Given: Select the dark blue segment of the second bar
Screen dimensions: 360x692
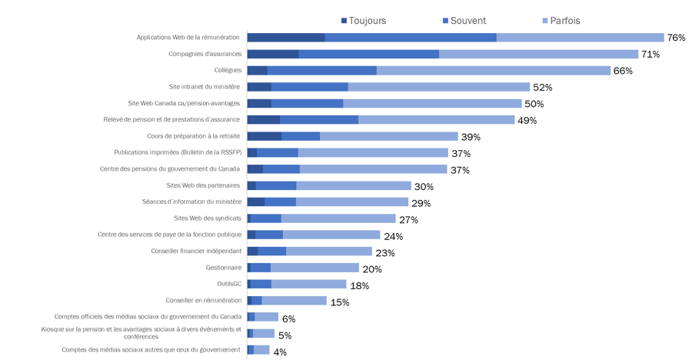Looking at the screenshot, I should [x=274, y=54].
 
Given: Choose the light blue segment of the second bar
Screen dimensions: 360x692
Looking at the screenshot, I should [x=538, y=54].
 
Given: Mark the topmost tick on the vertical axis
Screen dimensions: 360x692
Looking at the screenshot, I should [x=245, y=29].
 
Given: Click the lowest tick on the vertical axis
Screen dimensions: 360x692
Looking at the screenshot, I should [x=245, y=358].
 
